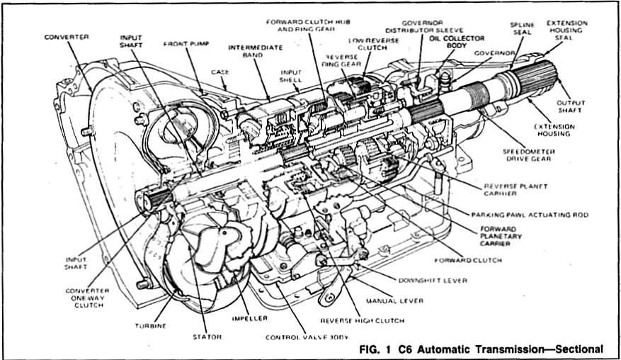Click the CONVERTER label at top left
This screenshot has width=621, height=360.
coord(65,36)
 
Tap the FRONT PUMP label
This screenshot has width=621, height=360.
coord(184,43)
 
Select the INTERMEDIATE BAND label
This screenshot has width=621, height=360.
coord(254,52)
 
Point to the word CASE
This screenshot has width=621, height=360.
coord(220,72)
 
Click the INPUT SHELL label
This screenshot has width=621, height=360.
coord(290,76)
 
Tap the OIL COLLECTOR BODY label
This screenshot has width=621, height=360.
coord(457,42)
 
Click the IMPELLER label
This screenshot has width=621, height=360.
coord(233,319)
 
